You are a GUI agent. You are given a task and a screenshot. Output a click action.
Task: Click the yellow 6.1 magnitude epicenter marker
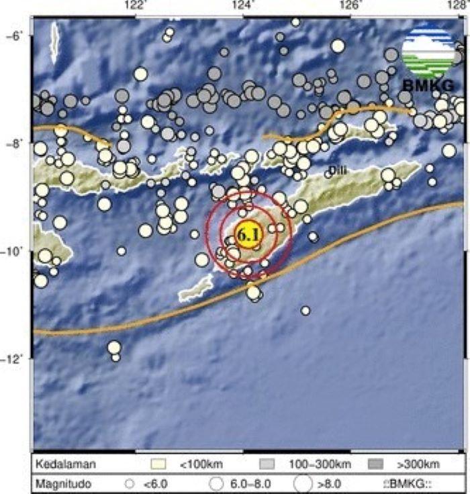click(248, 235)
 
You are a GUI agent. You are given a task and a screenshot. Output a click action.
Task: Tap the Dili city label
click(338, 172)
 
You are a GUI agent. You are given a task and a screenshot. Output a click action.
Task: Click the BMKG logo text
click(428, 85)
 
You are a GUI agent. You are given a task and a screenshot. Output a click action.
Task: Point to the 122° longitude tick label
click(136, 5)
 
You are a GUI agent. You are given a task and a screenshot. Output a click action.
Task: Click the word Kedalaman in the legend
click(66, 464)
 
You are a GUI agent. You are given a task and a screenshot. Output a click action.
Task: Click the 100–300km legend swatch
click(267, 464)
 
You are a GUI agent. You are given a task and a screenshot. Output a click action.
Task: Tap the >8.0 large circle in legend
click(303, 483)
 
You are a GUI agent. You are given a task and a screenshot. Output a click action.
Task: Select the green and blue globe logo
click(428, 50)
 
